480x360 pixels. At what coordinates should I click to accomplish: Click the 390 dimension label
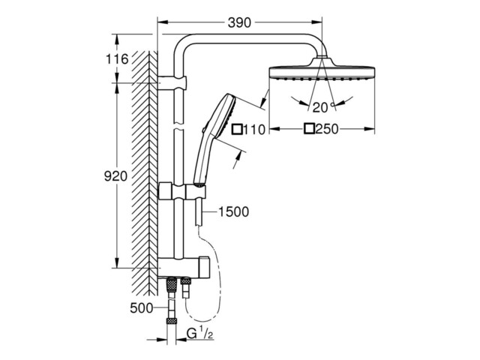pyautogui.click(x=239, y=22)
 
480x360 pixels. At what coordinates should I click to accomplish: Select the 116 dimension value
pyautogui.click(x=117, y=59)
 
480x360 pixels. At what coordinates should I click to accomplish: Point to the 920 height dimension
pyautogui.click(x=115, y=176)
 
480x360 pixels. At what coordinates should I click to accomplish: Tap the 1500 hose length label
pyautogui.click(x=233, y=211)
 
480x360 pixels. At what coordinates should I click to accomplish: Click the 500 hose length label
pyautogui.click(x=141, y=308)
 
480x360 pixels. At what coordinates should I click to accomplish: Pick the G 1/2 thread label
pyautogui.click(x=200, y=334)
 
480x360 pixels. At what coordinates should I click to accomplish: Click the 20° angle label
pyautogui.click(x=322, y=107)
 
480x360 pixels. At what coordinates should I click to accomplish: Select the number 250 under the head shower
pyautogui.click(x=327, y=129)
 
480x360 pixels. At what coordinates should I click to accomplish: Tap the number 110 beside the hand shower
pyautogui.click(x=254, y=130)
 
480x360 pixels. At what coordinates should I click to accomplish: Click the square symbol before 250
pyautogui.click(x=309, y=129)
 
